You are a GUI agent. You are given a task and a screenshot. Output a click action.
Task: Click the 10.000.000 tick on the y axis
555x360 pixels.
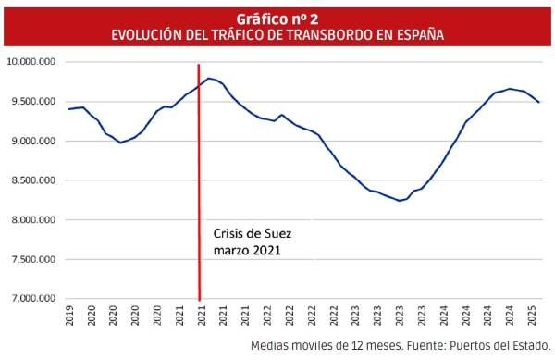(x=31, y=62)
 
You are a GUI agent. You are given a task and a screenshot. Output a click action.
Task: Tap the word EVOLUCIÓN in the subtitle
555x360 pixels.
(x=149, y=34)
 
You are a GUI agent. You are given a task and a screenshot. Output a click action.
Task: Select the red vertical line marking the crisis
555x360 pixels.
(x=199, y=185)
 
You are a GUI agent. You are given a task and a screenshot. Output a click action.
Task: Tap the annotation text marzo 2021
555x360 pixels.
(x=246, y=250)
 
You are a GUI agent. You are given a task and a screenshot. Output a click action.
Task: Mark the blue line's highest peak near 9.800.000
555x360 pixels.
(x=209, y=79)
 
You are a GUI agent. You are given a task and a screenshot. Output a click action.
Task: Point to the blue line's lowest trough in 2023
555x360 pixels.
(x=400, y=200)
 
